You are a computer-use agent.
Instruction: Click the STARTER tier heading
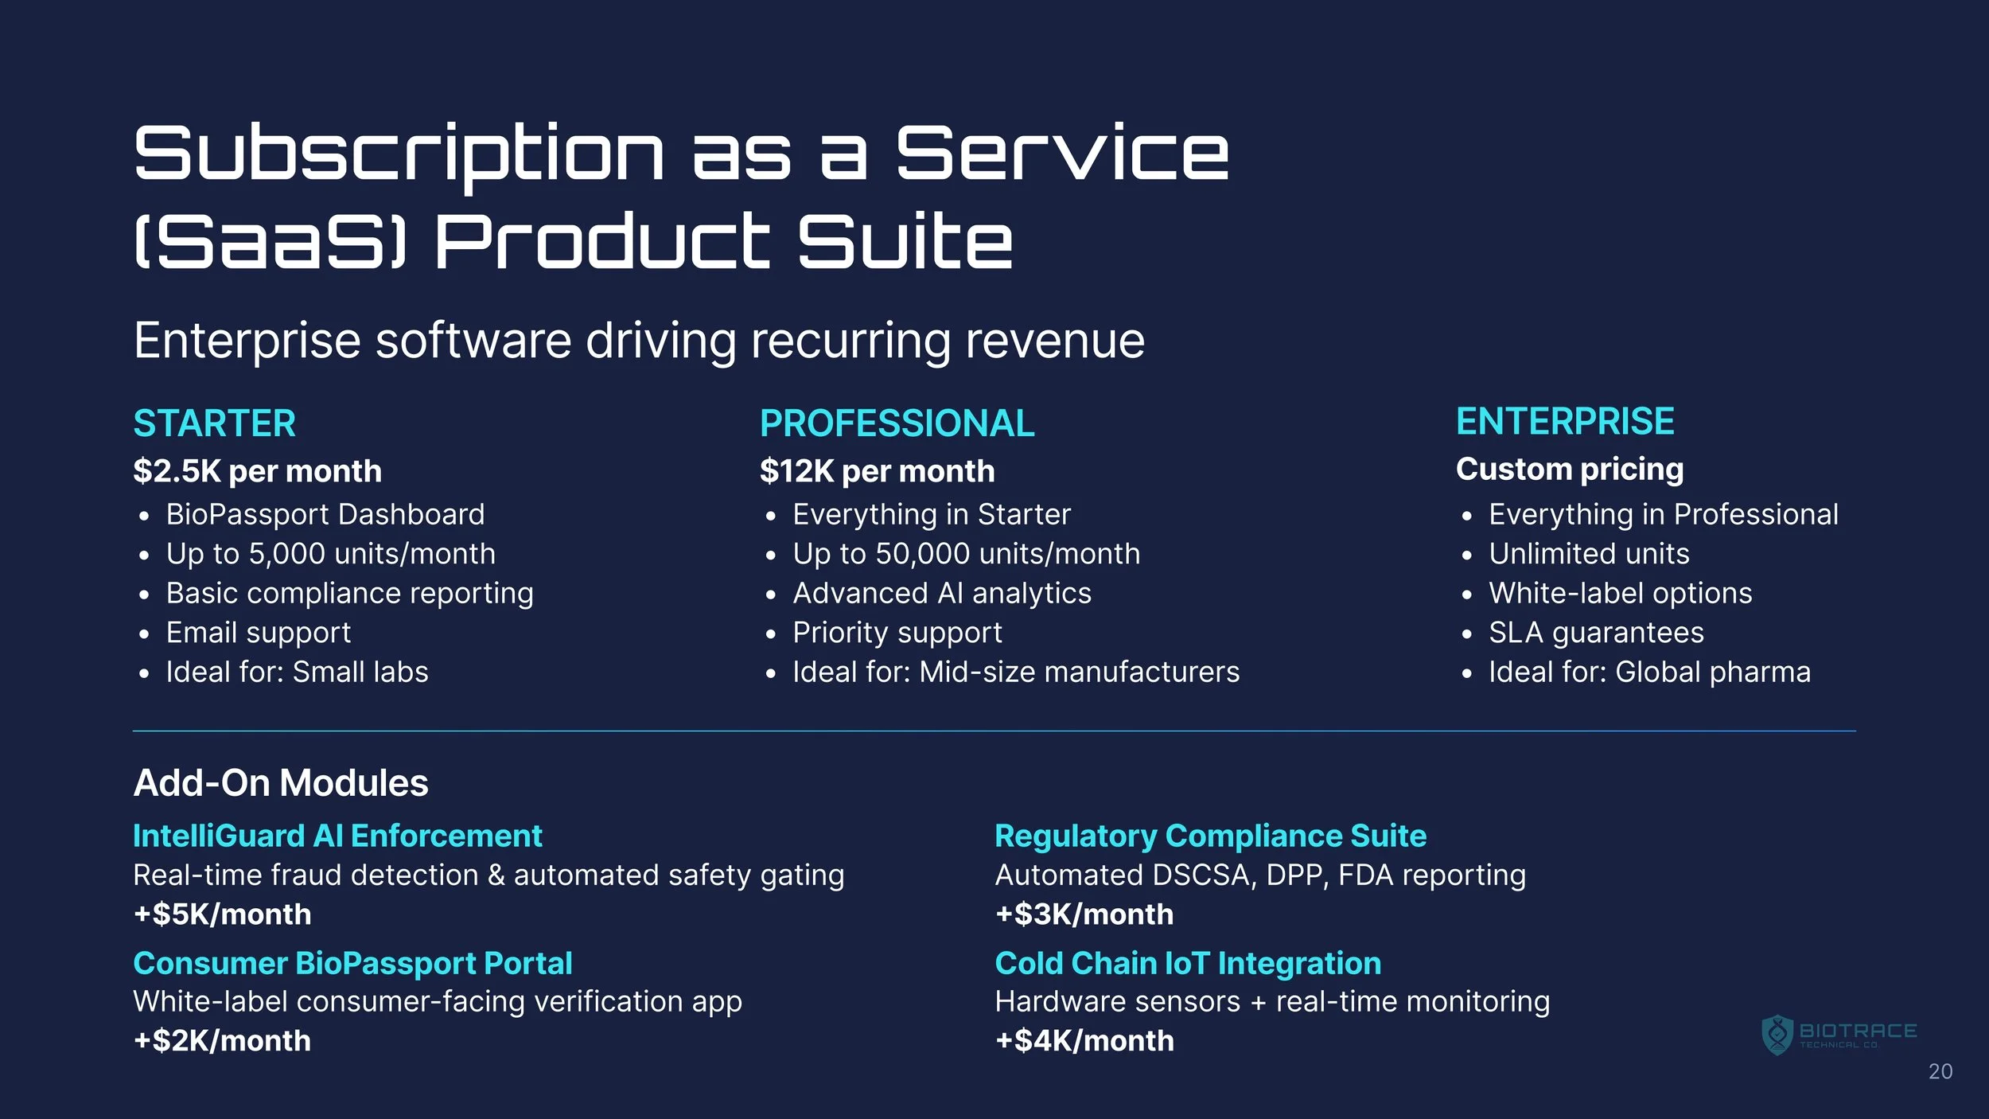coord(215,423)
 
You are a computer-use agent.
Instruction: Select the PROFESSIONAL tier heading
coord(897,423)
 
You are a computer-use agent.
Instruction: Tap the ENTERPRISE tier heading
coord(1565,422)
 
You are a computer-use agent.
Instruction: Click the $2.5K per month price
coord(258,471)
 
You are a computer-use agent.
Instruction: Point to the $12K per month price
coord(878,471)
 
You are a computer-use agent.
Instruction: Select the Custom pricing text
coord(1570,470)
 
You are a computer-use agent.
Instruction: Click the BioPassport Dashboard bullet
coord(325,514)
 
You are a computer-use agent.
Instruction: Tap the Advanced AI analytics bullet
coord(942,593)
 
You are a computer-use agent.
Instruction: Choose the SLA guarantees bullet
coord(1597,633)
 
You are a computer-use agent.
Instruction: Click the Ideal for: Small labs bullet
coord(298,672)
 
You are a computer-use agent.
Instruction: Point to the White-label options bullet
coord(1621,593)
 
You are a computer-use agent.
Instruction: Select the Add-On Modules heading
coord(281,783)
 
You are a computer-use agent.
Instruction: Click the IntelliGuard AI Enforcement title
coord(337,836)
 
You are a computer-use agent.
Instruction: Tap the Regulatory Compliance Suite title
coord(1210,836)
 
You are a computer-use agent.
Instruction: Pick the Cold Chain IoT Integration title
coord(1188,963)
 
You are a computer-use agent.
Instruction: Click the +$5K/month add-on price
coord(223,914)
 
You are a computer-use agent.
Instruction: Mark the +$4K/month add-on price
coord(1084,1041)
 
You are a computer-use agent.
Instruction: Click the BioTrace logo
coord(1839,1035)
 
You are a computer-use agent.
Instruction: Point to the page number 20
coord(1940,1072)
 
